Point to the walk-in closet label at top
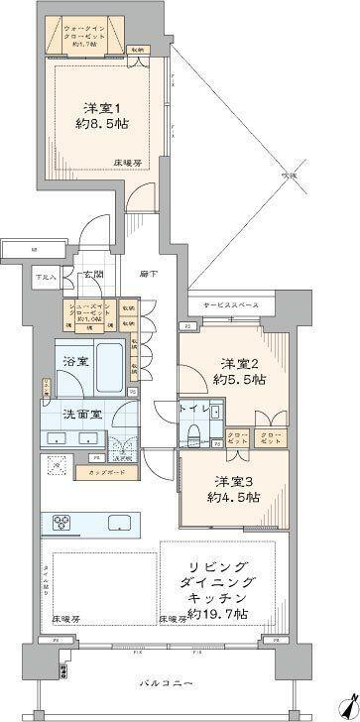(x=90, y=38)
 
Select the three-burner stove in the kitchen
(x=58, y=523)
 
